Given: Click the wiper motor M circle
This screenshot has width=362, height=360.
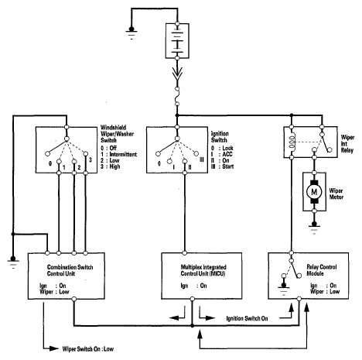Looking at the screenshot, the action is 314,192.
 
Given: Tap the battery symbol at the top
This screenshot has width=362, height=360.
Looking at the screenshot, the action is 177,41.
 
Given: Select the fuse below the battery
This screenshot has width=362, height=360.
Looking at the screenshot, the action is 177,96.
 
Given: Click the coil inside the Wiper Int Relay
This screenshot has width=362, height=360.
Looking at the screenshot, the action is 292,142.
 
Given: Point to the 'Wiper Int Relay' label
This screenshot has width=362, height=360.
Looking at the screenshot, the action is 347,144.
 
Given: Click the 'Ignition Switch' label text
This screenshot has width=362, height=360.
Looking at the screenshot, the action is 220,137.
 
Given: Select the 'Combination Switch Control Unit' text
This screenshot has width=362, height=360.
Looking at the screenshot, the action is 70,270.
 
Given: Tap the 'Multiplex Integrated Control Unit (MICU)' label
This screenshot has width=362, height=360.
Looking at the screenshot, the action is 203,270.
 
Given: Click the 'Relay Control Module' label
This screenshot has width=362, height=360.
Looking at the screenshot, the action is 322,270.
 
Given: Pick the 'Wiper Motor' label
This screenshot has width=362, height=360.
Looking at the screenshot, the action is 336,194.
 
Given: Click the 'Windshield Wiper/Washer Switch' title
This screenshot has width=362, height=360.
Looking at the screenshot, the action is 117,134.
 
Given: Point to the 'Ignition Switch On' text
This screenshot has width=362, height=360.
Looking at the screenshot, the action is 247,318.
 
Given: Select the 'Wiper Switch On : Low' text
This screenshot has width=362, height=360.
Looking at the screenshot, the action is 88,349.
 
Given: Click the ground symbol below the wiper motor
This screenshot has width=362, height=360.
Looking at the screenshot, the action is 314,228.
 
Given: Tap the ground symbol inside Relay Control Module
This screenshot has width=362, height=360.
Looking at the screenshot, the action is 284,289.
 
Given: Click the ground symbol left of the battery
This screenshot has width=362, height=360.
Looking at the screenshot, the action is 131,33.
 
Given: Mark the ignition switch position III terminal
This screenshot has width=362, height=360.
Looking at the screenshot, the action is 196,154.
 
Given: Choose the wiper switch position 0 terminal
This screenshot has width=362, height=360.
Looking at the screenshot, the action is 47,154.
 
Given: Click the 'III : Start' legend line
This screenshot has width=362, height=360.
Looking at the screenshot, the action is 222,166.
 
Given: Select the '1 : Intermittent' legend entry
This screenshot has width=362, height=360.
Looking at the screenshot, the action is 118,154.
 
